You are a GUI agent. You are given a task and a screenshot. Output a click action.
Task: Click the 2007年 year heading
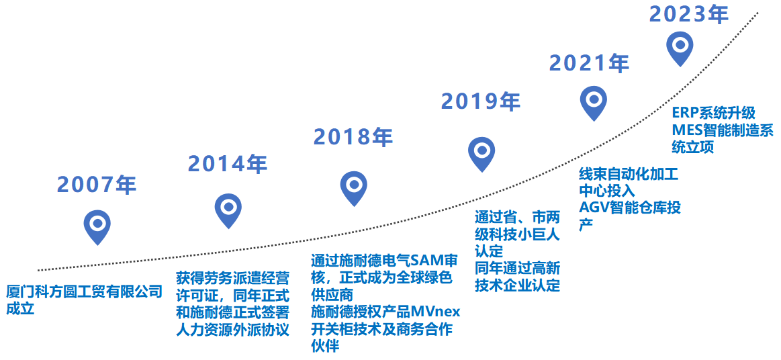(x=97, y=185)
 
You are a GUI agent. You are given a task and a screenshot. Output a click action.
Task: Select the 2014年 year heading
(x=228, y=164)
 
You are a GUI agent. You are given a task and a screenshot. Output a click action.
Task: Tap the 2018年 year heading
(x=353, y=136)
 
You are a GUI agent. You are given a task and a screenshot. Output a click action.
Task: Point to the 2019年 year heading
(x=481, y=101)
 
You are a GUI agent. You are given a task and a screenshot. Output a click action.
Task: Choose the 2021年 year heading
(x=590, y=63)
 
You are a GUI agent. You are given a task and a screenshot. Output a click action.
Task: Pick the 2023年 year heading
(x=689, y=14)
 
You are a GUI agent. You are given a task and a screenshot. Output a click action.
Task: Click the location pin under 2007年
(x=97, y=227)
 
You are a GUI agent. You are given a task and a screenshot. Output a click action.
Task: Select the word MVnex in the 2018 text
(x=441, y=312)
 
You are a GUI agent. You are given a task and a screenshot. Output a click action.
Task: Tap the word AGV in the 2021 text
(x=592, y=207)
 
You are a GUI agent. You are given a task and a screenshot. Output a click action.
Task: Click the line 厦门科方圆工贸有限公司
(x=85, y=291)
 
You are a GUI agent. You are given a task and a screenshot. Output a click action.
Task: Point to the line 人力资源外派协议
(x=232, y=330)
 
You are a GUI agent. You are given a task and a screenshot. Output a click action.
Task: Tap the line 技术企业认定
(x=518, y=286)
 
